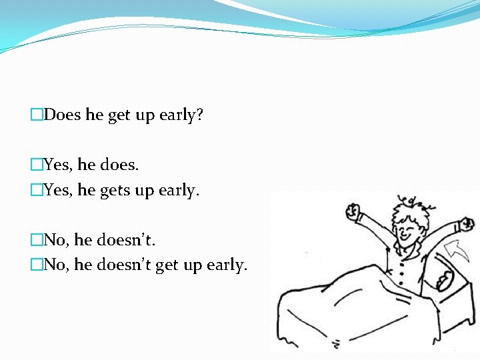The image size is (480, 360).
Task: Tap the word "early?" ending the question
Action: coord(181,115)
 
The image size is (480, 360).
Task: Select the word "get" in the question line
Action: coord(119,115)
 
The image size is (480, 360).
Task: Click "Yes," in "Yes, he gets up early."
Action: coord(59,190)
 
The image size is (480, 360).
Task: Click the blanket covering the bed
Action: coord(347,313)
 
